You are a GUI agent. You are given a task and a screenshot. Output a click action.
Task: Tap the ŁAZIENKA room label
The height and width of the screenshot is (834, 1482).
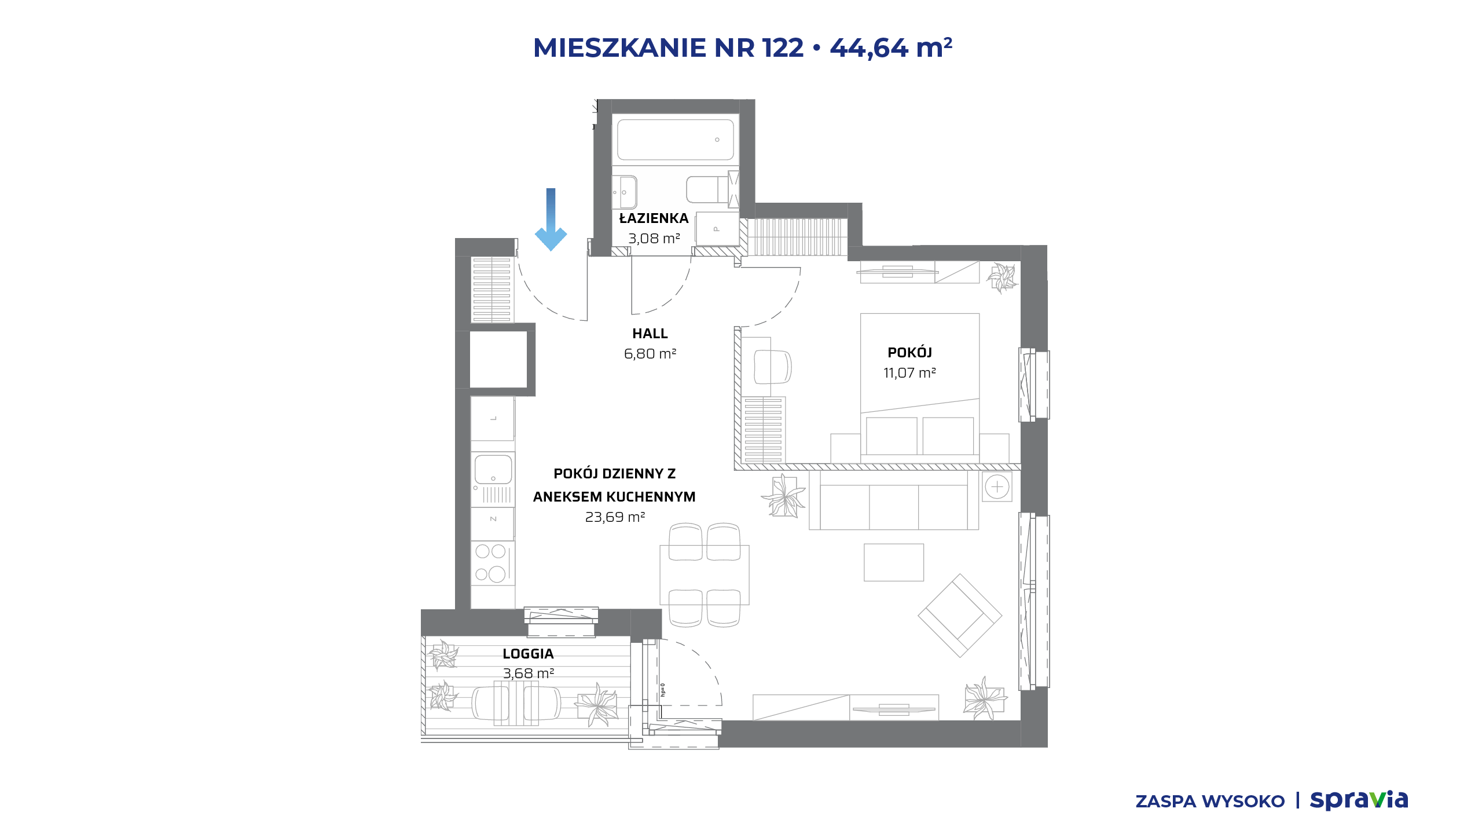(654, 218)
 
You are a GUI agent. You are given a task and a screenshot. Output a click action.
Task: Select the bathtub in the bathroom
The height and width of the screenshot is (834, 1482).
(675, 140)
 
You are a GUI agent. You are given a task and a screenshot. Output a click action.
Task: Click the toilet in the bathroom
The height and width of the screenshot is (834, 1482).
(707, 189)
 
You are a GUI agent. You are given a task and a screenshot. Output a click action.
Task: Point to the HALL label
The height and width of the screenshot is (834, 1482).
(650, 334)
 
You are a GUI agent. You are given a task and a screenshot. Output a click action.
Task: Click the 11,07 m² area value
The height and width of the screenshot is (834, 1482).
(909, 373)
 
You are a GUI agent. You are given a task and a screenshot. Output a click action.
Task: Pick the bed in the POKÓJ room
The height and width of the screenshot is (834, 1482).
(920, 388)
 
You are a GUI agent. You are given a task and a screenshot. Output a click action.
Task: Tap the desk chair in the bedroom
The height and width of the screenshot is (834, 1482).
(773, 367)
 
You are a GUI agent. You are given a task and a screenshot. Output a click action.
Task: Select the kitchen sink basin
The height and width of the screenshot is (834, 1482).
(493, 469)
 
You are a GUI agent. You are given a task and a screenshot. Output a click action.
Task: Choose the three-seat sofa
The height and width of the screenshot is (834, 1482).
(894, 500)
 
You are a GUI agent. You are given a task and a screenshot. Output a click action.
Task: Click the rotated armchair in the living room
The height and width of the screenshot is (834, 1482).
(960, 616)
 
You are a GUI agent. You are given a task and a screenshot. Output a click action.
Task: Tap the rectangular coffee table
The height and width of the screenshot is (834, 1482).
(894, 562)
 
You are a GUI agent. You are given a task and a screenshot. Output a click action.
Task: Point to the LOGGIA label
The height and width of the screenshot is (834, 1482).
(528, 654)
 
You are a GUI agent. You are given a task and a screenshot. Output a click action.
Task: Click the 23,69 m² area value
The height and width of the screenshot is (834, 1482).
(615, 517)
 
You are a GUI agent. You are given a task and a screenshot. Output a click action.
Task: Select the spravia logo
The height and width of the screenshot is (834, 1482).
(1359, 800)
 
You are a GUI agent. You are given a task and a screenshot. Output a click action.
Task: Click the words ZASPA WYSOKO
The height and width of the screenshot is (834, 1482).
(1210, 802)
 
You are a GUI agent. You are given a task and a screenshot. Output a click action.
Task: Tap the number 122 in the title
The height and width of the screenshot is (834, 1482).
(783, 47)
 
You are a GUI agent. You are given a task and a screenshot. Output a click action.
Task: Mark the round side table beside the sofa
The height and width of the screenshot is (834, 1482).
(997, 487)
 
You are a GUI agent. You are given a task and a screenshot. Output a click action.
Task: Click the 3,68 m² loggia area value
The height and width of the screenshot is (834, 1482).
(529, 674)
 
